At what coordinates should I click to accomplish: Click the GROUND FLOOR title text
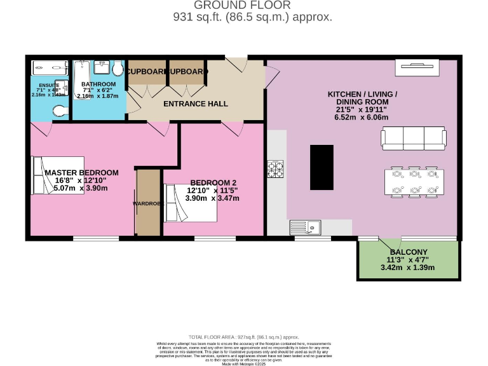pos(252,5)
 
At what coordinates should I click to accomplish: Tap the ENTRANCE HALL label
pos(196,104)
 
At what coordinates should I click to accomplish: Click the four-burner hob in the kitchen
pos(276,169)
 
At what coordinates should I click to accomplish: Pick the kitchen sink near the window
pos(306,226)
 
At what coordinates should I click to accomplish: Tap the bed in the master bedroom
pos(57,175)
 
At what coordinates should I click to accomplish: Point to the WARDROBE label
pos(147,203)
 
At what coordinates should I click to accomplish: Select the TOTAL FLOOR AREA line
pos(244,337)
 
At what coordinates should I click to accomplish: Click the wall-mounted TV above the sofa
pos(417,66)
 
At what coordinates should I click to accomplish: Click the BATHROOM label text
pos(98,85)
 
